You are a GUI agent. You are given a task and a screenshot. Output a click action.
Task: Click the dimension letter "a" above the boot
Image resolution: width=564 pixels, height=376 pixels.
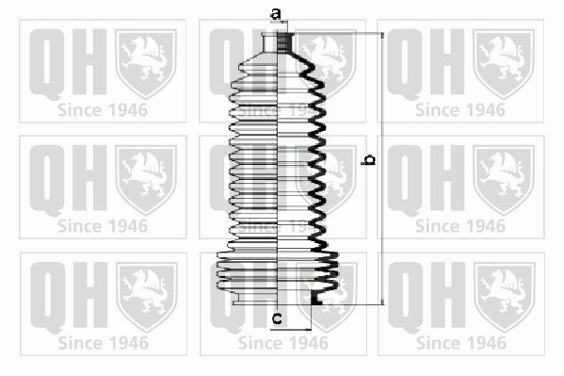point(276,14)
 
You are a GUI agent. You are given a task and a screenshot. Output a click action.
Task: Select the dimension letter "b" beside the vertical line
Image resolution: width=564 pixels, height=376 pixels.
point(367,159)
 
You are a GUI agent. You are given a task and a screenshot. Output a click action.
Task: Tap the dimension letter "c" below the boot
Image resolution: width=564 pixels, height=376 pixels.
point(277,319)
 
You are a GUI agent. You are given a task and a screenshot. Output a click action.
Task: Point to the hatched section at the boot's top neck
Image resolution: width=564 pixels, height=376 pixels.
point(285,42)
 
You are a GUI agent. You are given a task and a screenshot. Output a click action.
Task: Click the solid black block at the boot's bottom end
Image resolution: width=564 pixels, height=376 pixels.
point(315,299)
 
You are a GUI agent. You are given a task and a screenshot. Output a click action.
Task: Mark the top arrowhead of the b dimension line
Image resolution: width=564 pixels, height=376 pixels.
point(382,35)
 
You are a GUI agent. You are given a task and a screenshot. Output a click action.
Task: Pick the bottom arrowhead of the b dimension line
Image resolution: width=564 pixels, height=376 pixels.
point(382,302)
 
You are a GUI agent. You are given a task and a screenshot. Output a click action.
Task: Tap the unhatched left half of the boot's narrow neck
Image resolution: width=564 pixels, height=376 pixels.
point(270,42)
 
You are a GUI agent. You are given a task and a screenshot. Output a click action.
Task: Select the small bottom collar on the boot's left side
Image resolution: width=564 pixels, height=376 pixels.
point(237,299)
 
